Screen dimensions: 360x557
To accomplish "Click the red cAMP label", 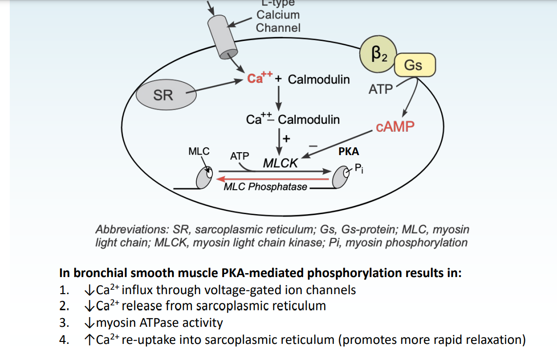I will tap(395, 127).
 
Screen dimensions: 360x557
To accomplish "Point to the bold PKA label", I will tap(349, 152).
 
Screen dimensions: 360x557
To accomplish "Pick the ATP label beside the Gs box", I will tap(380, 90).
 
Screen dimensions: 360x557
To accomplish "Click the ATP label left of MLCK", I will tap(240, 156).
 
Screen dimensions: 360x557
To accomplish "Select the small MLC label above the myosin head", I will tap(199, 151).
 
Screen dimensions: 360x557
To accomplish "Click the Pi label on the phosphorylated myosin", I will tap(358, 169).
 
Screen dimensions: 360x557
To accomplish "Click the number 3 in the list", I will tap(63, 323).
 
